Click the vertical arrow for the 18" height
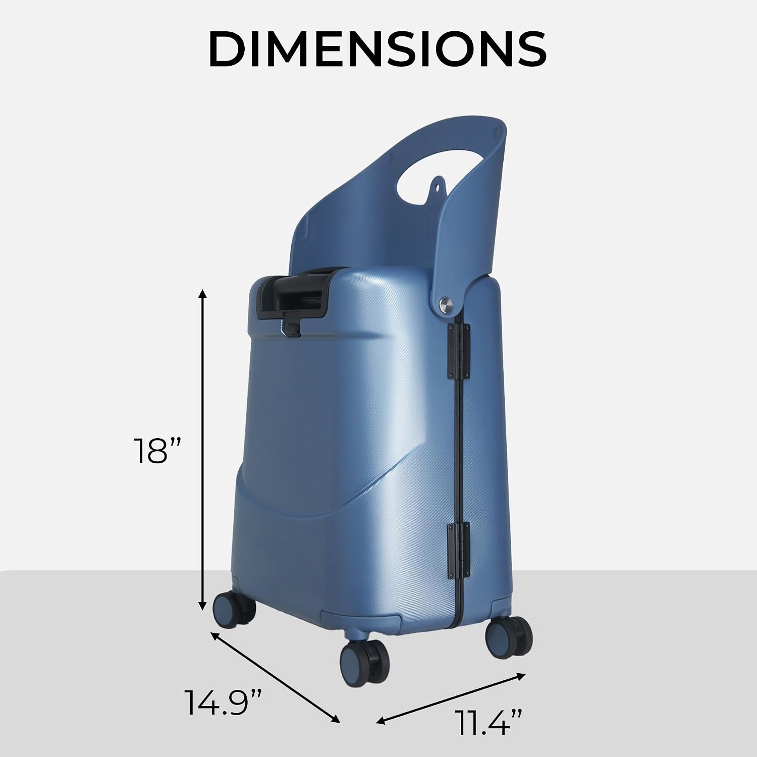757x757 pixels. point(202,450)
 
